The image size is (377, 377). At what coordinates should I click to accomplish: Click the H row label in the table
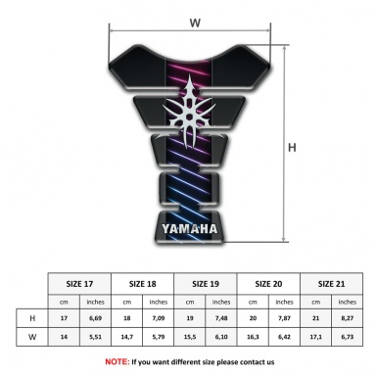click(32, 318)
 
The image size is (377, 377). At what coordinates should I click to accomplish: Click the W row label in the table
click(32, 338)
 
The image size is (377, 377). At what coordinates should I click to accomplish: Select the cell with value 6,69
click(95, 318)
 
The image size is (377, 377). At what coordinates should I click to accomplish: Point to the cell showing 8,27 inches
click(347, 318)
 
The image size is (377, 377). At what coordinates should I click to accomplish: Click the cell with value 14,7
click(127, 338)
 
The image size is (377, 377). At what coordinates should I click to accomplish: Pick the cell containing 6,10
click(221, 338)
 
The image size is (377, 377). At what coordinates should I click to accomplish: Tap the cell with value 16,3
click(253, 338)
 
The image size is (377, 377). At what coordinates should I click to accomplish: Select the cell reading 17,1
click(315, 338)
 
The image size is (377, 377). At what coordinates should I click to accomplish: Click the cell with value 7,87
click(284, 318)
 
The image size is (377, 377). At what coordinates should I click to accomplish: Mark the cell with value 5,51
click(95, 338)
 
